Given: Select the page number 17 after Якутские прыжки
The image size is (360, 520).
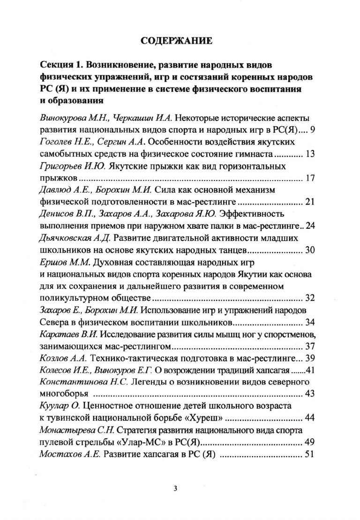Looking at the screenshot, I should (x=309, y=178).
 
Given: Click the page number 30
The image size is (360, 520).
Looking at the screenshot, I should (x=309, y=250).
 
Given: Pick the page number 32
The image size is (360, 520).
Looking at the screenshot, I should (x=309, y=298).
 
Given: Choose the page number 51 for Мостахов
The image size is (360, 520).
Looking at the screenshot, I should (x=309, y=454).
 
